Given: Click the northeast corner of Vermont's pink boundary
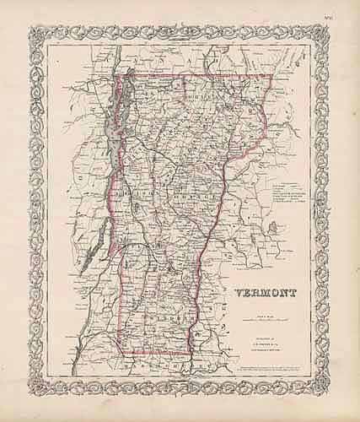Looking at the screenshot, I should tap(271, 76).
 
